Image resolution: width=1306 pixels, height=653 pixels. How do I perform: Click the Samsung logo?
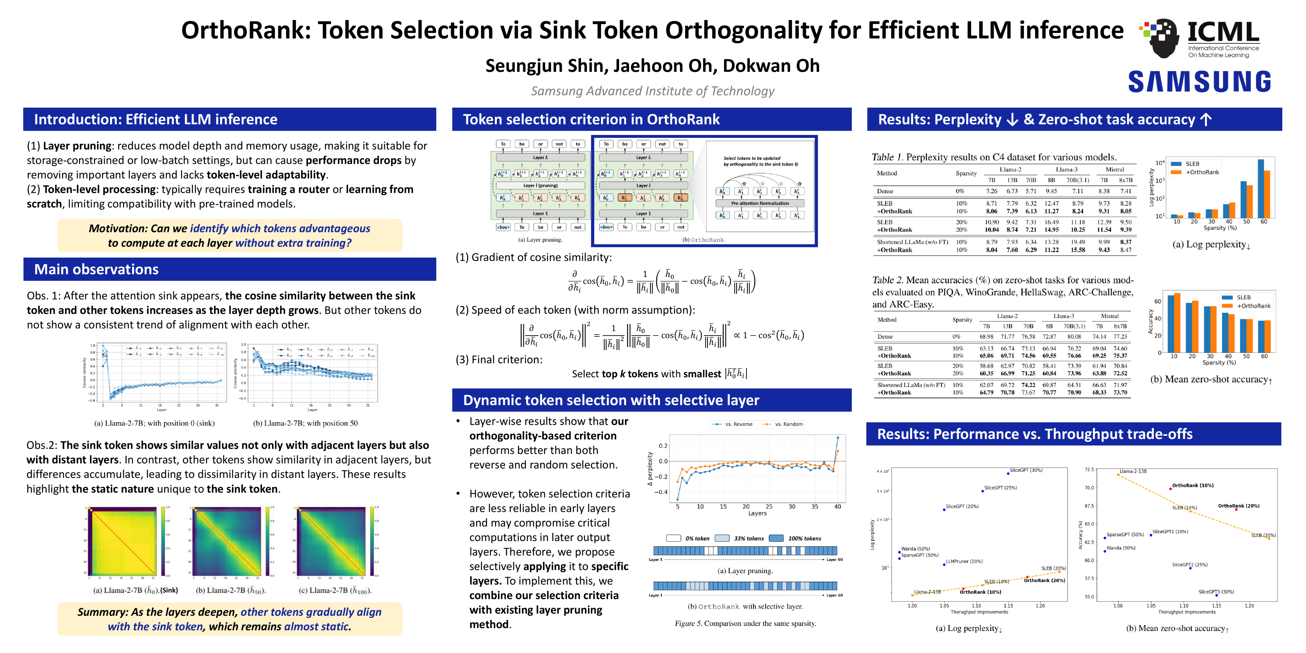1200,82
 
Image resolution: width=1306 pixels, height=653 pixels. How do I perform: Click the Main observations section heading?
96,269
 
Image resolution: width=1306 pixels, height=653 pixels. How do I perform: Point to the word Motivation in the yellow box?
118,229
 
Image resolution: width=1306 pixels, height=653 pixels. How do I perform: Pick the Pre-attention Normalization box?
759,203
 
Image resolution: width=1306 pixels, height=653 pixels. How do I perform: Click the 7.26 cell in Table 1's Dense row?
991,191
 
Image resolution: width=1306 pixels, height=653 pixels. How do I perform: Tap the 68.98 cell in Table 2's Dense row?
986,337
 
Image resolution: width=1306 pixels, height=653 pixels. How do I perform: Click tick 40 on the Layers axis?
837,506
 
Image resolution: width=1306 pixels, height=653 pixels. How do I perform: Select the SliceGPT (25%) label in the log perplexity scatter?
1000,488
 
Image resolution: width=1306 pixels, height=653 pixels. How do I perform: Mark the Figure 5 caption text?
745,624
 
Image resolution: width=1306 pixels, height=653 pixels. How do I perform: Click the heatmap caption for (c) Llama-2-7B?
335,591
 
